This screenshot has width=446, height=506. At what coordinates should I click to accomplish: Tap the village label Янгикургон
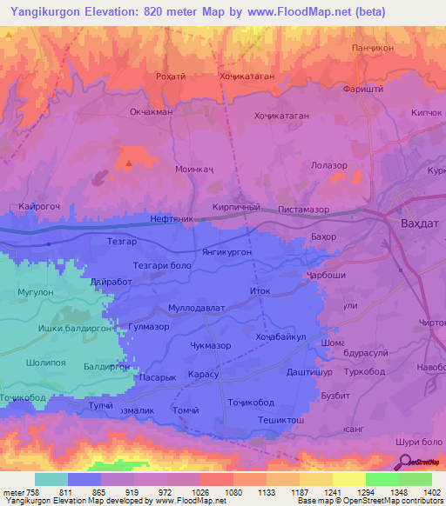(226, 250)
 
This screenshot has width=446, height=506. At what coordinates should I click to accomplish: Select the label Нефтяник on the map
(172, 220)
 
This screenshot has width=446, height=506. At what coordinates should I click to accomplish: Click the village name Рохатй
(171, 76)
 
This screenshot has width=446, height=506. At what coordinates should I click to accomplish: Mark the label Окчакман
(152, 111)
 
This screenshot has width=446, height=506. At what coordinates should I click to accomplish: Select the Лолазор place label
(329, 165)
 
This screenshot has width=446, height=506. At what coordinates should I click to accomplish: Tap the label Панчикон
(374, 48)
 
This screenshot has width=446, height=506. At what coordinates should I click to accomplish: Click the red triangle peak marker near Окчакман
(129, 163)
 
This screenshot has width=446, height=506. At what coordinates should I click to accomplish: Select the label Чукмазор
(211, 345)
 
